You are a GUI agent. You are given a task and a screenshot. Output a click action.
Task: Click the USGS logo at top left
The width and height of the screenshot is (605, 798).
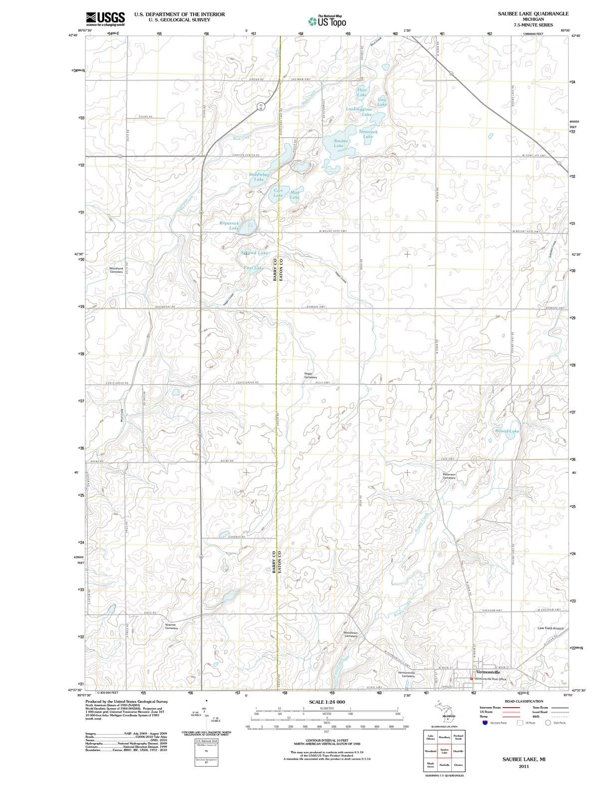(105, 18)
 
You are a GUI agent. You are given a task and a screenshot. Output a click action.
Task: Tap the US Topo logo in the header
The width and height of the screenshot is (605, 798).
(327, 21)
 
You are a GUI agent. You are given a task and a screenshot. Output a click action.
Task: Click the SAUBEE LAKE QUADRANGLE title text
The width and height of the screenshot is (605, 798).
(533, 13)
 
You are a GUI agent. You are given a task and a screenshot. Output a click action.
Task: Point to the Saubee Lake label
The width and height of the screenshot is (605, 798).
(342, 143)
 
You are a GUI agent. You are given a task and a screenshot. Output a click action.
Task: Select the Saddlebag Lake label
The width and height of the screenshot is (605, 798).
(259, 177)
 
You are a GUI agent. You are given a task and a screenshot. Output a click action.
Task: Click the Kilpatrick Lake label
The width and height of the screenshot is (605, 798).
(229, 225)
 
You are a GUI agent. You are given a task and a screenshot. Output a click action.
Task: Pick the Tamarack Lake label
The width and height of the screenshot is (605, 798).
(368, 134)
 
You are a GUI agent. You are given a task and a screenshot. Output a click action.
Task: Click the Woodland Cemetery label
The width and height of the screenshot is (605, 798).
(116, 270)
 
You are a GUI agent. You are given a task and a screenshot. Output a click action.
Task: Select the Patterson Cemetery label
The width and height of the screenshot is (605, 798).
(449, 476)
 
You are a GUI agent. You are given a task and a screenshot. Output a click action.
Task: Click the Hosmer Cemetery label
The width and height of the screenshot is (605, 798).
(171, 626)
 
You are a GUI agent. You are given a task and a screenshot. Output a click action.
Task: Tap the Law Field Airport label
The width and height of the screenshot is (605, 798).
(550, 628)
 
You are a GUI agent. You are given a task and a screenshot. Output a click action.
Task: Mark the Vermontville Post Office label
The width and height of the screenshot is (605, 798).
(490, 679)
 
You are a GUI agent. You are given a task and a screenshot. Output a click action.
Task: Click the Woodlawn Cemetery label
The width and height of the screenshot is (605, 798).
(351, 634)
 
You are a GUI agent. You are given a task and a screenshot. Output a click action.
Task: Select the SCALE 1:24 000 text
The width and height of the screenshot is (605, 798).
(327, 702)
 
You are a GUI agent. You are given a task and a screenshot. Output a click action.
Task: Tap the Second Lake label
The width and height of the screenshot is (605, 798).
(254, 253)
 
